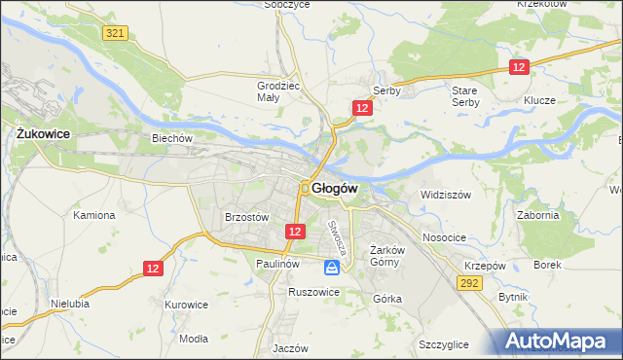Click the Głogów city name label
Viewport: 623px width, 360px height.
click(x=337, y=188)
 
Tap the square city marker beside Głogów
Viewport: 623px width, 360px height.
click(x=305, y=188)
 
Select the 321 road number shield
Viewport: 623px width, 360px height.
click(x=115, y=33)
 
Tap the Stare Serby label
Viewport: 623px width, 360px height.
click(x=465, y=95)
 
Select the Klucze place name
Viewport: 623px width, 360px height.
click(x=538, y=101)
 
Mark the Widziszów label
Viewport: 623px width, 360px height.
click(x=445, y=195)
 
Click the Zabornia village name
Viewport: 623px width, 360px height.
click(x=538, y=216)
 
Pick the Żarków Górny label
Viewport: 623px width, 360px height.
click(x=386, y=256)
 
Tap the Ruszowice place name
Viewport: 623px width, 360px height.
click(x=313, y=291)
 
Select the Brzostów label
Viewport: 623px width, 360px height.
click(x=246, y=218)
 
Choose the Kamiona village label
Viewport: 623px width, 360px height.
click(x=94, y=215)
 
